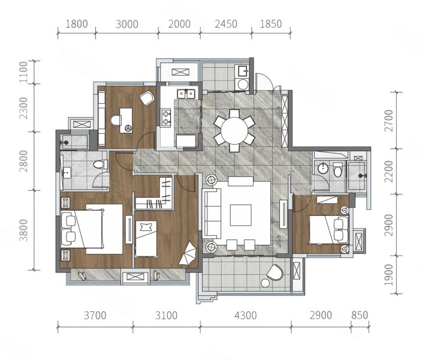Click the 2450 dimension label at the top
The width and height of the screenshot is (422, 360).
click(226, 24)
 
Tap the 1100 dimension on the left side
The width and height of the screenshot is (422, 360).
click(23, 72)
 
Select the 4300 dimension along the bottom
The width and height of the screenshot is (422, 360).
click(245, 315)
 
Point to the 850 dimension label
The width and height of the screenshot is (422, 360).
click(359, 315)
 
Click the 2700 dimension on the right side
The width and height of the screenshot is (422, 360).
click(388, 120)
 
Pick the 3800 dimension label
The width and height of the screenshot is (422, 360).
click(23, 230)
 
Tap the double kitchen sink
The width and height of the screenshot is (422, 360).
click(186, 94)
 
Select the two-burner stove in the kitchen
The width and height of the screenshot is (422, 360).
click(166, 118)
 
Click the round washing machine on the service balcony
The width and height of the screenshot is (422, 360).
click(243, 85)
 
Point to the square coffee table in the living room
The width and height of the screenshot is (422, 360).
click(240, 215)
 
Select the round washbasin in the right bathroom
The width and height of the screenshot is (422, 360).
click(322, 169)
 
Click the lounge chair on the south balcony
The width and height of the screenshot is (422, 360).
click(275, 272)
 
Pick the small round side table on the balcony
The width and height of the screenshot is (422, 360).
click(266, 283)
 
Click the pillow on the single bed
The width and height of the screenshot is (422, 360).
click(146, 227)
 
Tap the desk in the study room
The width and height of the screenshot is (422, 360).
click(126, 120)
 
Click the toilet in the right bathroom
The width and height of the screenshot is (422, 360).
click(337, 170)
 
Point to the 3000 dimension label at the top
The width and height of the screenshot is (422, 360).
click(127, 24)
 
